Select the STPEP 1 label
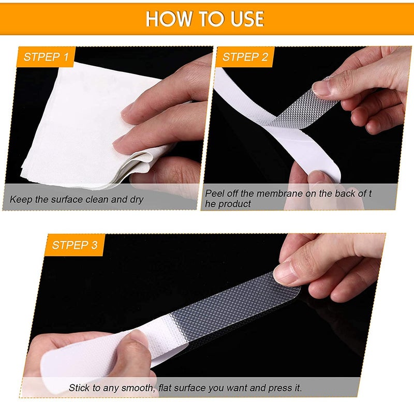point(46,57)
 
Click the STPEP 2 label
point(245,57)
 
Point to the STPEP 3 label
point(75,245)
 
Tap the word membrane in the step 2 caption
point(279,193)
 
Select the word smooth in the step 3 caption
point(137,388)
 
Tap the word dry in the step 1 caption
point(137,200)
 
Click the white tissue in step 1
point(79,124)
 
